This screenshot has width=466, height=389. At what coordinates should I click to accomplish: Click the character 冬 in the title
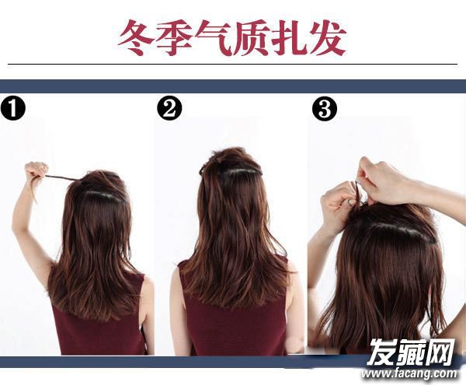point(137,38)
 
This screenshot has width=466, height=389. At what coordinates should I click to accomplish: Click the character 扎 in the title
point(288,38)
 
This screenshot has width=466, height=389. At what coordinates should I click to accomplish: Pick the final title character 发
point(326,38)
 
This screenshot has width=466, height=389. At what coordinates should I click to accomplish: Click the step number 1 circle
point(12,108)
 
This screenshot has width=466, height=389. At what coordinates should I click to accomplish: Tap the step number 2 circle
point(169,108)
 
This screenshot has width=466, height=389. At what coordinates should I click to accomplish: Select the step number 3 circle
point(325,109)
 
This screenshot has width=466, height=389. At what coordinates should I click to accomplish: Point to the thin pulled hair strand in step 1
point(61,178)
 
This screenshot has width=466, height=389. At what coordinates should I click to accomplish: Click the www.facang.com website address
point(409,373)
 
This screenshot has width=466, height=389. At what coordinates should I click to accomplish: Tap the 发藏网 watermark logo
point(412,352)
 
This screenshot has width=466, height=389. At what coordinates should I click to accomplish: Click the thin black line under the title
point(233,64)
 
